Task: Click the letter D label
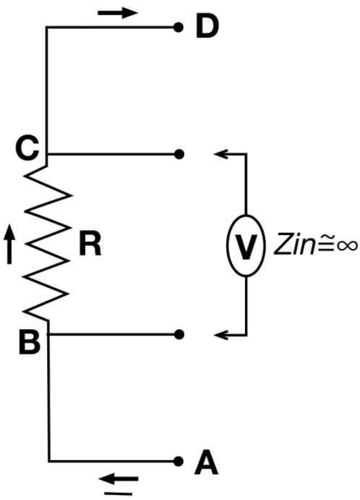click(x=207, y=27)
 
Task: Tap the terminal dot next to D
click(x=179, y=27)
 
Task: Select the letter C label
click(x=27, y=148)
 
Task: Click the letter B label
click(x=30, y=342)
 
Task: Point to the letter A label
click(x=207, y=462)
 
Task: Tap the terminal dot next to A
click(x=179, y=461)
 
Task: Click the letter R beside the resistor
click(x=90, y=245)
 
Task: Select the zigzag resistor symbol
click(x=46, y=244)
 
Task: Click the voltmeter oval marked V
click(x=246, y=245)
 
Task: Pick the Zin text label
click(x=293, y=244)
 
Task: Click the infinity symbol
click(x=346, y=245)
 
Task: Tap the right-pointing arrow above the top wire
click(x=118, y=13)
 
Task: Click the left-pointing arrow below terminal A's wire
click(x=119, y=479)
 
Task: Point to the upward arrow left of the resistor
click(x=9, y=244)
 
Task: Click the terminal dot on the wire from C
click(x=179, y=154)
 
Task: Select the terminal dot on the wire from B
click(x=179, y=334)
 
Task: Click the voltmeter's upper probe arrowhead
click(x=220, y=154)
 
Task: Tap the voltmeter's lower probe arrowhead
click(x=220, y=335)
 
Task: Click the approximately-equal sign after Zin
click(x=323, y=245)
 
